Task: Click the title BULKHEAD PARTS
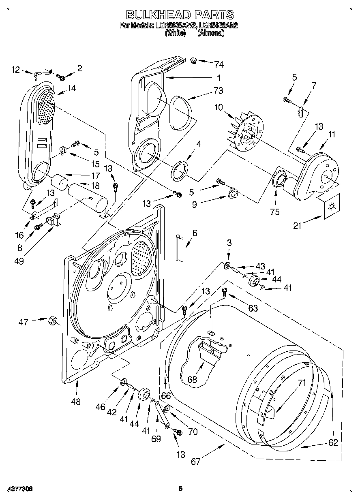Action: point(180,15)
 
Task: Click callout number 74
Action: point(219,64)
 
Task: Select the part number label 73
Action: point(219,90)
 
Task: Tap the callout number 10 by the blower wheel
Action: point(219,107)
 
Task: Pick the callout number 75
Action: point(275,212)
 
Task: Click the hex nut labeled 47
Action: point(52,321)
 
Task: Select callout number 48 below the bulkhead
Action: point(76,402)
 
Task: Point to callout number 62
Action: point(333,442)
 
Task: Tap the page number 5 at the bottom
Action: point(181,489)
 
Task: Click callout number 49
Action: point(19,261)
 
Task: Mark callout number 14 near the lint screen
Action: point(72,88)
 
